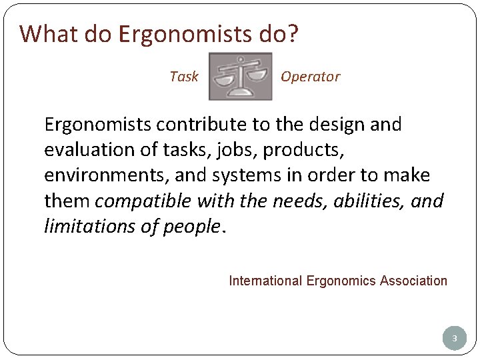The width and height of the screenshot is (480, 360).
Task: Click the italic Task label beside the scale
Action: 184,77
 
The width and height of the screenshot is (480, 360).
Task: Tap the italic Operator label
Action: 310,77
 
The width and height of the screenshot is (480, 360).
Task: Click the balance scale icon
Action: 240,76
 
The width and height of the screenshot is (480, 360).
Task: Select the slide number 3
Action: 454,339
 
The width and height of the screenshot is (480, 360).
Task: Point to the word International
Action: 266,281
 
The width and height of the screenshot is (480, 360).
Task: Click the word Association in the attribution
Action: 413,281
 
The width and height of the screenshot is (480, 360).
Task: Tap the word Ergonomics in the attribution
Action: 341,281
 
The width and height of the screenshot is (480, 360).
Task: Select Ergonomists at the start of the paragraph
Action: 92,125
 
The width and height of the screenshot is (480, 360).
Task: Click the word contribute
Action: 183,125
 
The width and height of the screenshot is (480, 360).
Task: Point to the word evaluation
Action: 83,150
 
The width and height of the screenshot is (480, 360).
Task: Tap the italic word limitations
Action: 83,226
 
